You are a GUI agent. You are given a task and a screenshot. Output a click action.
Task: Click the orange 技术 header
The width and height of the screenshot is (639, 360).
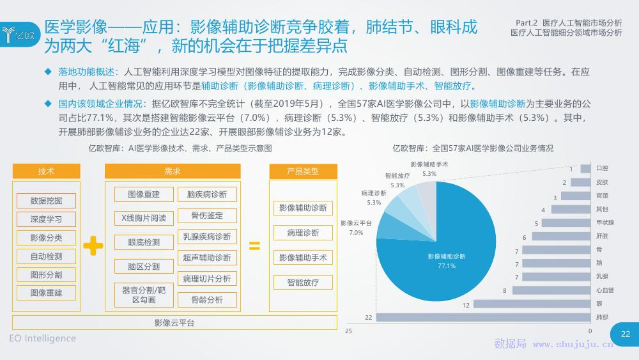point(46,171)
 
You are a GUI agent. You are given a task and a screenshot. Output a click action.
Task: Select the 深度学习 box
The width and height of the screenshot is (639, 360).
point(46,219)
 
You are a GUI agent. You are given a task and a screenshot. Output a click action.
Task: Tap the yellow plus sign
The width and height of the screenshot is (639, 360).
point(93,246)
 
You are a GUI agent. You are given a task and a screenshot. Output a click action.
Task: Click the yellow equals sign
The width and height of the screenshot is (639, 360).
point(255,246)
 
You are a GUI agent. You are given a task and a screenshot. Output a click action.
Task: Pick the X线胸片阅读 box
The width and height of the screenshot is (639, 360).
point(144,218)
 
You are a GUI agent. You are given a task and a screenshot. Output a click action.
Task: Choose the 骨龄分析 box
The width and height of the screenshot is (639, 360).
point(207,300)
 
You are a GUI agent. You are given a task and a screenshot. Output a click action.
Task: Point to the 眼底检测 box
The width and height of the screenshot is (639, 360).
point(144,242)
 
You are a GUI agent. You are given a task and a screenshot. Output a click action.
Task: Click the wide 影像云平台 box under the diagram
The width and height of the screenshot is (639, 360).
point(174,322)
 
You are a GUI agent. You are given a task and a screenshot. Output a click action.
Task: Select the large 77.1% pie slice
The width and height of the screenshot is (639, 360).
point(449,261)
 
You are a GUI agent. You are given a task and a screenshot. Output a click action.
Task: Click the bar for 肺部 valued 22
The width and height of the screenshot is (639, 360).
point(483,317)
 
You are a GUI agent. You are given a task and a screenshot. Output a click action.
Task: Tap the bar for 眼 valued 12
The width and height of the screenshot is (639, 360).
point(532,304)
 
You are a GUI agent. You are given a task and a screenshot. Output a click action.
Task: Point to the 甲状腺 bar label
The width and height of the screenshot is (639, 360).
point(604,223)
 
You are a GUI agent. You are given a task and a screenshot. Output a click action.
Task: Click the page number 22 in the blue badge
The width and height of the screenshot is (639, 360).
point(626,334)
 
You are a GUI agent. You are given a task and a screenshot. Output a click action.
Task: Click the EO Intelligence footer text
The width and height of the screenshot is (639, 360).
point(42,338)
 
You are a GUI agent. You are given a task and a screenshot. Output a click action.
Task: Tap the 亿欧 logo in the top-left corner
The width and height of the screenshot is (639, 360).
point(19,35)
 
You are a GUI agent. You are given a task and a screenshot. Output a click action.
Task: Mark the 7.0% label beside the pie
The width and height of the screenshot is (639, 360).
point(356,233)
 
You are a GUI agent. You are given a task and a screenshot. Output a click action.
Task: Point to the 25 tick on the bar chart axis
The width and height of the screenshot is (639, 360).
point(348,331)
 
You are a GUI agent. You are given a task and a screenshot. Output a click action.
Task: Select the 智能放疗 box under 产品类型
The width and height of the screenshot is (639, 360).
point(303,282)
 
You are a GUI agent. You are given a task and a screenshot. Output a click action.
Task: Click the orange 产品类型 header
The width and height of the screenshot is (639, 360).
point(303,171)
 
